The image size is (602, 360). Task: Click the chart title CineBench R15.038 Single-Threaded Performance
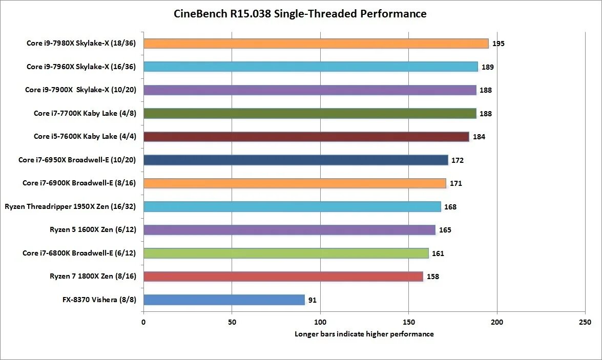300,14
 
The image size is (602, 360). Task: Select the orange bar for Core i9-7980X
316,44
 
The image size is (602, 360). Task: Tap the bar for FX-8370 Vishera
224,300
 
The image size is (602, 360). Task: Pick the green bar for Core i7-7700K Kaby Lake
310,113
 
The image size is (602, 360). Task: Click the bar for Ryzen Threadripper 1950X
292,206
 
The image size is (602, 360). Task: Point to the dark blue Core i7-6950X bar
296,160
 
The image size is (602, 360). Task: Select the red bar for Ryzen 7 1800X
283,277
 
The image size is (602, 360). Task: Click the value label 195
499,44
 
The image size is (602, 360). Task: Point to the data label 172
457,160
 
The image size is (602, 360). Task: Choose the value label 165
445,230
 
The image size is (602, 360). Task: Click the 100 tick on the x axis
320,322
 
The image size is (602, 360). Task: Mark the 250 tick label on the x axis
585,322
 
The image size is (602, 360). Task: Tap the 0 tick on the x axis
143,322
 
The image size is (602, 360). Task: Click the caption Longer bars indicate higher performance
364,334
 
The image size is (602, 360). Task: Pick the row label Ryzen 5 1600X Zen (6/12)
93,229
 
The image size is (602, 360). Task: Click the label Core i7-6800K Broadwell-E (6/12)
79,253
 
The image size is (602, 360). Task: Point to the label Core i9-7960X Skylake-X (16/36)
81,67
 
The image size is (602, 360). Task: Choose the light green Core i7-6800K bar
286,253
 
